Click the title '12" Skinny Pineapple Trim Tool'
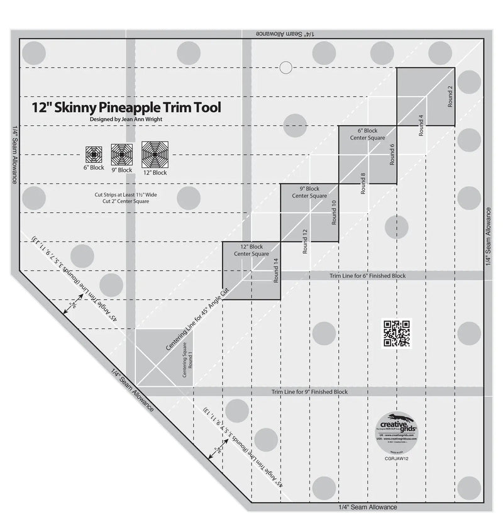point(126,107)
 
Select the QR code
point(397,333)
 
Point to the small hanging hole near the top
point(285,67)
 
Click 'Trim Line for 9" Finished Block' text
point(309,392)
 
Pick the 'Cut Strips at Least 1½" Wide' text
point(123,195)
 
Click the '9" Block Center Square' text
point(309,192)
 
